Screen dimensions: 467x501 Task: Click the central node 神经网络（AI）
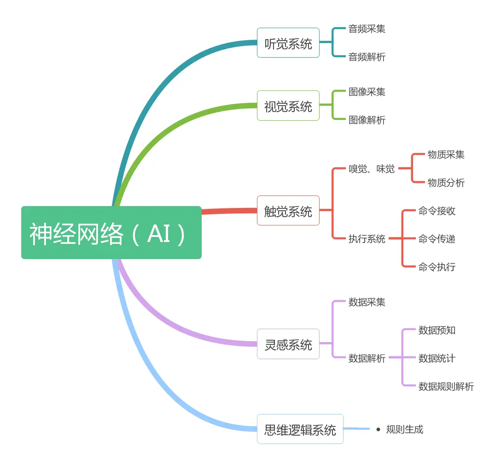coord(111,233)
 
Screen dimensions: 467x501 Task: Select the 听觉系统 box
coord(288,43)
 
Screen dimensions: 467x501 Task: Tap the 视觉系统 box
coord(288,106)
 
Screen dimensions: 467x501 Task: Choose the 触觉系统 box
coord(288,211)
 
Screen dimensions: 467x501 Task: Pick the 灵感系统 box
coord(288,344)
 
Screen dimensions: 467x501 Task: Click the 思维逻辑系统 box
coord(300,429)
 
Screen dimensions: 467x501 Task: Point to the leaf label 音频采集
coord(367,29)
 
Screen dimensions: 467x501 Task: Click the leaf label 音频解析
coord(367,57)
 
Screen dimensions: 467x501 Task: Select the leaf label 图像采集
coord(367,92)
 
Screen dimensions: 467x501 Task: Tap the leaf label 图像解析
coord(367,120)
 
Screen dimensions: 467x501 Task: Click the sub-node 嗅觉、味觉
coord(372,169)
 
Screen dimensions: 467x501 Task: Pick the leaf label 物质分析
coord(446,183)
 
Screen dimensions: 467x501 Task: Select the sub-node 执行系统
coord(367,239)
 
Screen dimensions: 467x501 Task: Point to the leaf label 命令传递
coord(437,239)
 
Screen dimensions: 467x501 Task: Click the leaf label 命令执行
coord(437,266)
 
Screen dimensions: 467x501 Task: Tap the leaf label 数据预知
coord(437,330)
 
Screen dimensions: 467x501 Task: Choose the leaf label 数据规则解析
coord(446,386)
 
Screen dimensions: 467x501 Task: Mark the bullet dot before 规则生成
coord(379,430)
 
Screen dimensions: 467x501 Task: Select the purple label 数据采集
coord(367,302)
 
